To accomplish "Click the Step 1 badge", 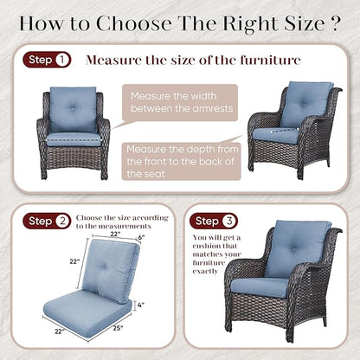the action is [x=47, y=60].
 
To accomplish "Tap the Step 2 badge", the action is [x=47, y=221].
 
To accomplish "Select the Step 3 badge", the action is [x=214, y=221].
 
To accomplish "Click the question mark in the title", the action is [x=333, y=23].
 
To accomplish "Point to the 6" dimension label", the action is [x=141, y=237].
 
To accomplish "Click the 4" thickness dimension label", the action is [x=141, y=305].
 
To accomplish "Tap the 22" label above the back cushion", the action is [x=115, y=234].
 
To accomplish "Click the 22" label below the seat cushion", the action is [x=60, y=331].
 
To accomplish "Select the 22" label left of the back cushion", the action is [x=74, y=261].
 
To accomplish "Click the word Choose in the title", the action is [x=134, y=23].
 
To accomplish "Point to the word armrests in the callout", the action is [x=213, y=109].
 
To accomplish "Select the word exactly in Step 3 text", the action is [x=205, y=272].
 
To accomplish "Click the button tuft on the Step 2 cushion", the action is [x=103, y=267].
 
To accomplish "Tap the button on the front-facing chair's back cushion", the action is [x=73, y=109].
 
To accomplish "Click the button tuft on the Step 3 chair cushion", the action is [x=294, y=247].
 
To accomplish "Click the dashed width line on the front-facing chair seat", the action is [x=74, y=140].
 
